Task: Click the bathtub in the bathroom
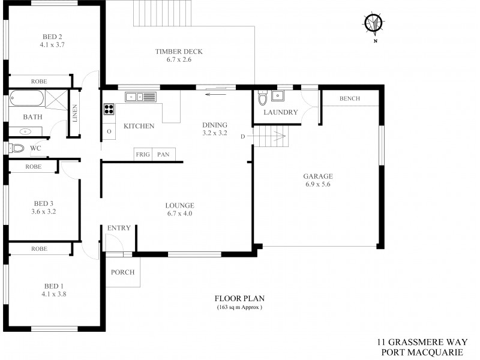pos(26,97)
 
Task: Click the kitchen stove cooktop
pos(109,109)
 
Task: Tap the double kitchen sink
pos(140,96)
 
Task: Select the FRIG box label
pos(142,154)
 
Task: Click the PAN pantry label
pos(163,154)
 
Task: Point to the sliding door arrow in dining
pos(215,94)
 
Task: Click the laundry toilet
pos(262,97)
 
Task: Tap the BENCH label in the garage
pos(350,98)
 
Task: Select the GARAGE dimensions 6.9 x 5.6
pos(317,185)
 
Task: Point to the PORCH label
pos(123,272)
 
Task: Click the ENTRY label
pos(119,228)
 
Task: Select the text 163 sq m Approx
pos(239,307)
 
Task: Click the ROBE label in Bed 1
pos(40,248)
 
